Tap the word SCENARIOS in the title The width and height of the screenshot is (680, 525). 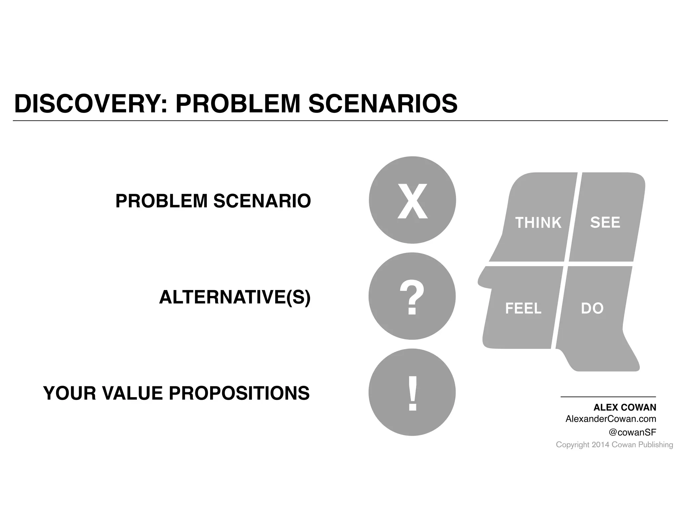(382, 104)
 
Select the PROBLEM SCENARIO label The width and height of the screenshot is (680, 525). (213, 201)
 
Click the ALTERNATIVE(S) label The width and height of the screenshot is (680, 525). (235, 297)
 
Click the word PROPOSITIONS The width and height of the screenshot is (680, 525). (239, 393)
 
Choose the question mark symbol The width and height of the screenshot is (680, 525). (412, 297)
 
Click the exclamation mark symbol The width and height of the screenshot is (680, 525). (412, 394)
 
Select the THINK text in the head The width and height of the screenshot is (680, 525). (538, 223)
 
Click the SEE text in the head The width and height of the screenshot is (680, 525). (605, 222)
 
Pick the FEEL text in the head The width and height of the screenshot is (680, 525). (523, 309)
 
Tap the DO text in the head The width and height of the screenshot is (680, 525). (592, 309)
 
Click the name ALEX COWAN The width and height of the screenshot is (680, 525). (625, 408)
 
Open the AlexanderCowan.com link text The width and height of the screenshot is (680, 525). (611, 419)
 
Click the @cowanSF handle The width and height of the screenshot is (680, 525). (632, 432)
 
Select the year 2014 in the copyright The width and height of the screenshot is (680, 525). (601, 445)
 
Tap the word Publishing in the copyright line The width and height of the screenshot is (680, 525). (655, 445)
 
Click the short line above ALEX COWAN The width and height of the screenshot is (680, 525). (608, 397)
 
